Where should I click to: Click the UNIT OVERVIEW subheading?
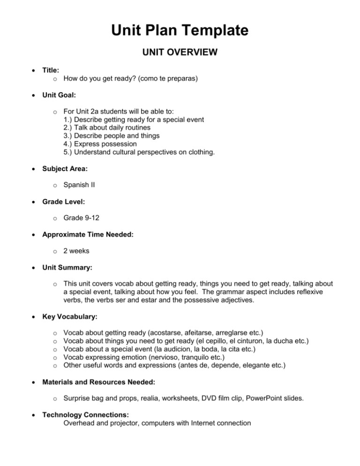180,53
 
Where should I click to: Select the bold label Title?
52,70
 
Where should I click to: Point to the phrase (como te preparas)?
166,79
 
